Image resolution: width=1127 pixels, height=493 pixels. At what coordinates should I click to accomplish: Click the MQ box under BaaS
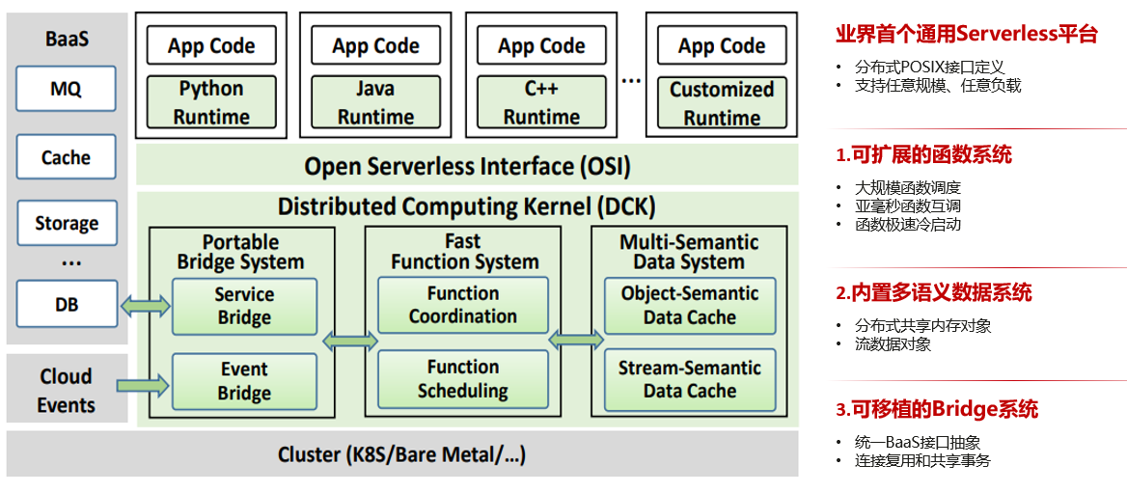pos(66,89)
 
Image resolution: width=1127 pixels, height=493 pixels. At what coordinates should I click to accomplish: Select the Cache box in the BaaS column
pos(66,157)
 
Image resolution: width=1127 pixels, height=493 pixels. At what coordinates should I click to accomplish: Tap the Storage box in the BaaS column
pos(67,223)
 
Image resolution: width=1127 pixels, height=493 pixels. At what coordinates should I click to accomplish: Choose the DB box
pos(66,305)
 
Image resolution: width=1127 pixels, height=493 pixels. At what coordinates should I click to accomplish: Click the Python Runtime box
pos(211,102)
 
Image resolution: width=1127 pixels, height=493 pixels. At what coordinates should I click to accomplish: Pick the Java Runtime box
pos(375,102)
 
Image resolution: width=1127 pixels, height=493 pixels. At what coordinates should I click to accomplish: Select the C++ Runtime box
pos(541,102)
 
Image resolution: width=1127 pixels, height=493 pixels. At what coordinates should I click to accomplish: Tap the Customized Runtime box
pos(722,103)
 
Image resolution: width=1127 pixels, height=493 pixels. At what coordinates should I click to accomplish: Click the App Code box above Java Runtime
pos(375,45)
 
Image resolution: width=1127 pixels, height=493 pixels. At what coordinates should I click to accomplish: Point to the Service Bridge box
pos(244,306)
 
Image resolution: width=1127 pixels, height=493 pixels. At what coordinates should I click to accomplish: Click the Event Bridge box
pos(244,381)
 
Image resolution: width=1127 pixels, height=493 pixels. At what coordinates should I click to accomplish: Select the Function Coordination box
pos(462,305)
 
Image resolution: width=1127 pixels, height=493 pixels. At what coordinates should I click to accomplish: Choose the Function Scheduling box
pos(462,379)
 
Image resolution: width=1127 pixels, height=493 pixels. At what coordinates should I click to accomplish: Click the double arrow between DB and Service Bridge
pos(145,307)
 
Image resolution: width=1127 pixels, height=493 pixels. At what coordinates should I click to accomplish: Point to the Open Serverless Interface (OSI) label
pos(467,166)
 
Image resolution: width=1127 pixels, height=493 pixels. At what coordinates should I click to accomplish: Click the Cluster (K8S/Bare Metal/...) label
pos(401,454)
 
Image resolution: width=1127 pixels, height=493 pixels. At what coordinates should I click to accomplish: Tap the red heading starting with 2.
pos(933,293)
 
